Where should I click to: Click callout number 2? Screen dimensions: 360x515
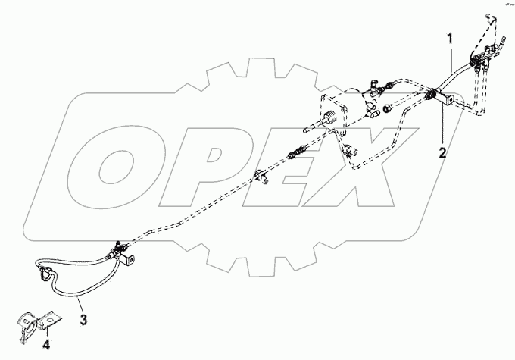tap(442, 151)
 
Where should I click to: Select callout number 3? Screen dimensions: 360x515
tap(84, 319)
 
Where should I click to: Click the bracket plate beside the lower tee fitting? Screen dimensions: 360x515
tap(132, 259)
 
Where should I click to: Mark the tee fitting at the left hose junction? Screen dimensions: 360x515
tap(118, 247)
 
